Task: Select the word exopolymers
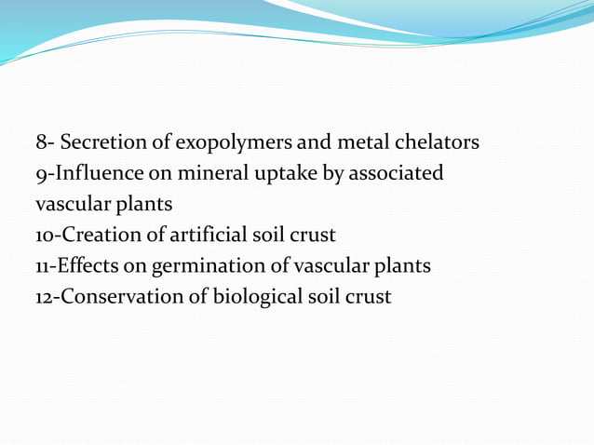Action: point(220,143)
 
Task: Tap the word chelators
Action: point(436,143)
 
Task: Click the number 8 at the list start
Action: point(41,143)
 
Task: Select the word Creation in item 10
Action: point(94,236)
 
